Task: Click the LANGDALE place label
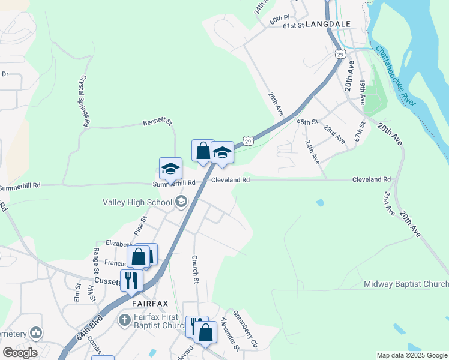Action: click(327, 25)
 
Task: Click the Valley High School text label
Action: click(137, 202)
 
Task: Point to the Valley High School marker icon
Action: click(181, 202)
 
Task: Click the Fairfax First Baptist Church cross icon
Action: click(124, 319)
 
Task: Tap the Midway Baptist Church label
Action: click(406, 283)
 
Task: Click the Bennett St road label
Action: click(157, 122)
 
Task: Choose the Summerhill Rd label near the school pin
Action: click(174, 182)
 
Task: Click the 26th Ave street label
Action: click(276, 104)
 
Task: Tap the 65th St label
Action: click(306, 121)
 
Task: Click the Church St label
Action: click(195, 269)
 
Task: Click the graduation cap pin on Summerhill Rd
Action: click(170, 168)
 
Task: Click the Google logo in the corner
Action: click(19, 352)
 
